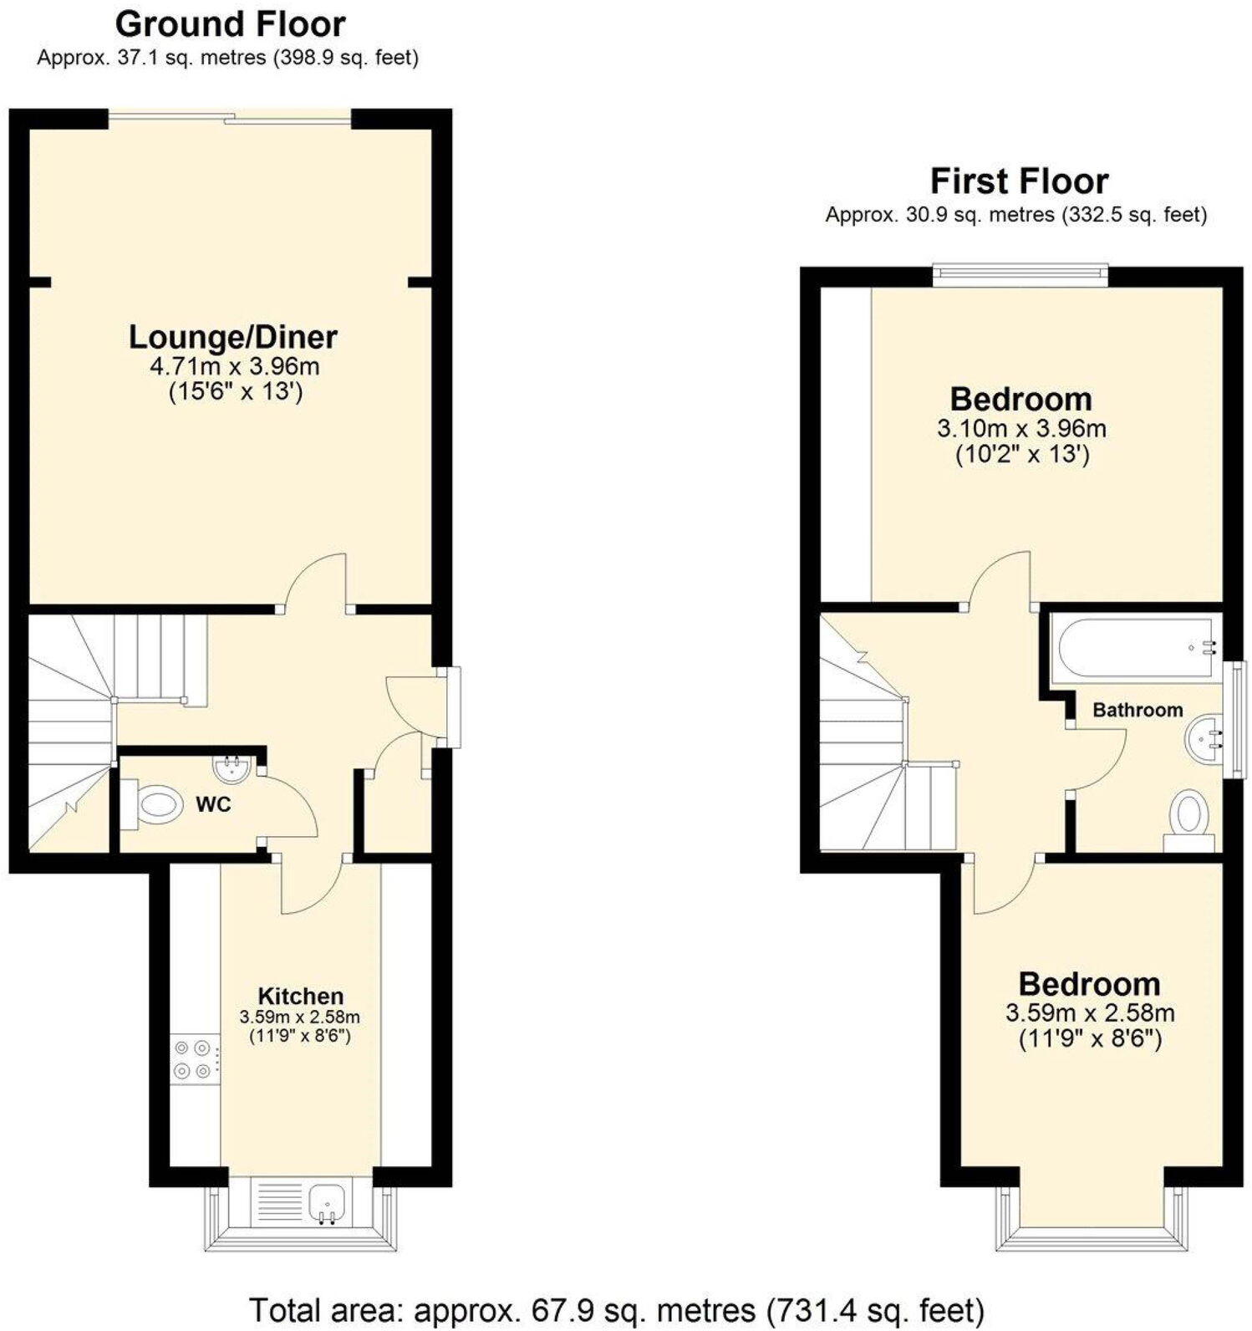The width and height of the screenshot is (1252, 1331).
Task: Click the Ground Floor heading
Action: click(230, 24)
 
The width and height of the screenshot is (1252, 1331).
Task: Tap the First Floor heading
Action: click(1019, 181)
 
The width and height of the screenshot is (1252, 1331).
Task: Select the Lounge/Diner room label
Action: click(232, 337)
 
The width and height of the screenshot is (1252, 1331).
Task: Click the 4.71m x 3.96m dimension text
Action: click(234, 366)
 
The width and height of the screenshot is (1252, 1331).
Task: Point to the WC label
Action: click(213, 805)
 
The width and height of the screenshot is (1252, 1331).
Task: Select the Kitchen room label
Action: click(300, 996)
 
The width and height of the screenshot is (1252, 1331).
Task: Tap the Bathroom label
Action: click(1137, 710)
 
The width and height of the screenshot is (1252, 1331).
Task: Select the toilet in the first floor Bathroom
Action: click(1190, 816)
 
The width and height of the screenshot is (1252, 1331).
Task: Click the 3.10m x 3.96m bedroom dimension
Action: click(1021, 429)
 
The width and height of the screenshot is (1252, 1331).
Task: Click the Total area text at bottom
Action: click(617, 1309)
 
